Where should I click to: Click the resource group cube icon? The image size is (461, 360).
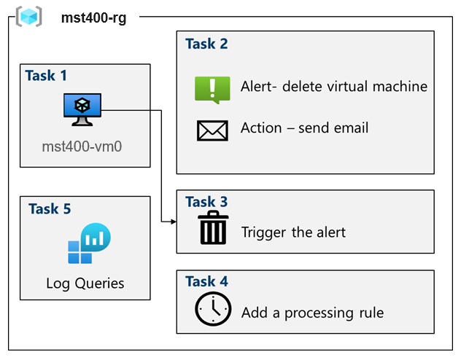click(29, 17)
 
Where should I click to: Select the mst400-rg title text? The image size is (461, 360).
click(94, 18)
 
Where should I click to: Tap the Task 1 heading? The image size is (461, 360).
click(46, 76)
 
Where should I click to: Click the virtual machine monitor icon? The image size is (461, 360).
click(82, 110)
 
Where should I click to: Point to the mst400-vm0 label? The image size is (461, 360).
click(82, 146)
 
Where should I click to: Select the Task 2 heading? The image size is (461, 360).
click(206, 44)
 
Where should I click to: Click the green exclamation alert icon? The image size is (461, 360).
click(212, 90)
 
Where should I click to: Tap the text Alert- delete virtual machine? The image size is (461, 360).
click(334, 87)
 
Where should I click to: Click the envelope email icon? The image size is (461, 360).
click(212, 130)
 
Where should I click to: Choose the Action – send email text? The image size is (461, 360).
click(304, 128)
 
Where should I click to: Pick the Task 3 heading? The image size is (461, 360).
click(206, 202)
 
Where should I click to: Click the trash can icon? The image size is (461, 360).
click(213, 227)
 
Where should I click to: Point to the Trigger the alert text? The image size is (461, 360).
click(293, 232)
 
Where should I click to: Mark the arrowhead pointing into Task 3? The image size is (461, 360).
click(174, 222)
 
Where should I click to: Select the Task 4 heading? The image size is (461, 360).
click(206, 281)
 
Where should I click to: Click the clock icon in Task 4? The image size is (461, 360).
click(213, 308)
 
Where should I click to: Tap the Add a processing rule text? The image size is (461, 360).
click(312, 313)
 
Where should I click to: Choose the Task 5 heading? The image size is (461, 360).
click(50, 209)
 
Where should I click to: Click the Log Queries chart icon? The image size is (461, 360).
click(90, 243)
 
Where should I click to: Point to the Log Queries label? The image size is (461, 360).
click(85, 283)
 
